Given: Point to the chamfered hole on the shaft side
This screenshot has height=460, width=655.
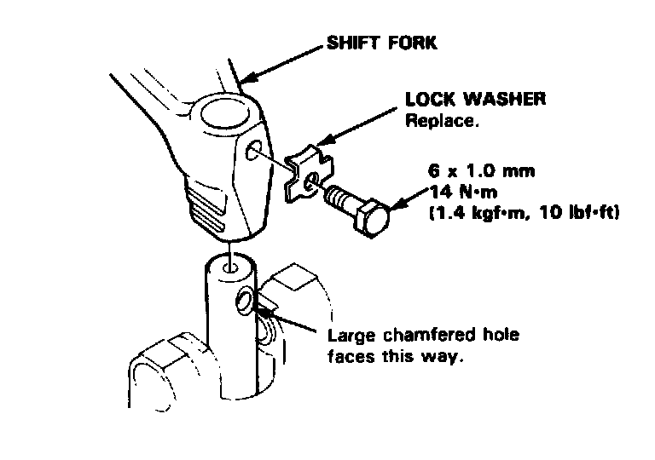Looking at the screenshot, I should click(245, 301).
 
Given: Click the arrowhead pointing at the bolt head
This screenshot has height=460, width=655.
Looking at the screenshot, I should click(396, 204).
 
